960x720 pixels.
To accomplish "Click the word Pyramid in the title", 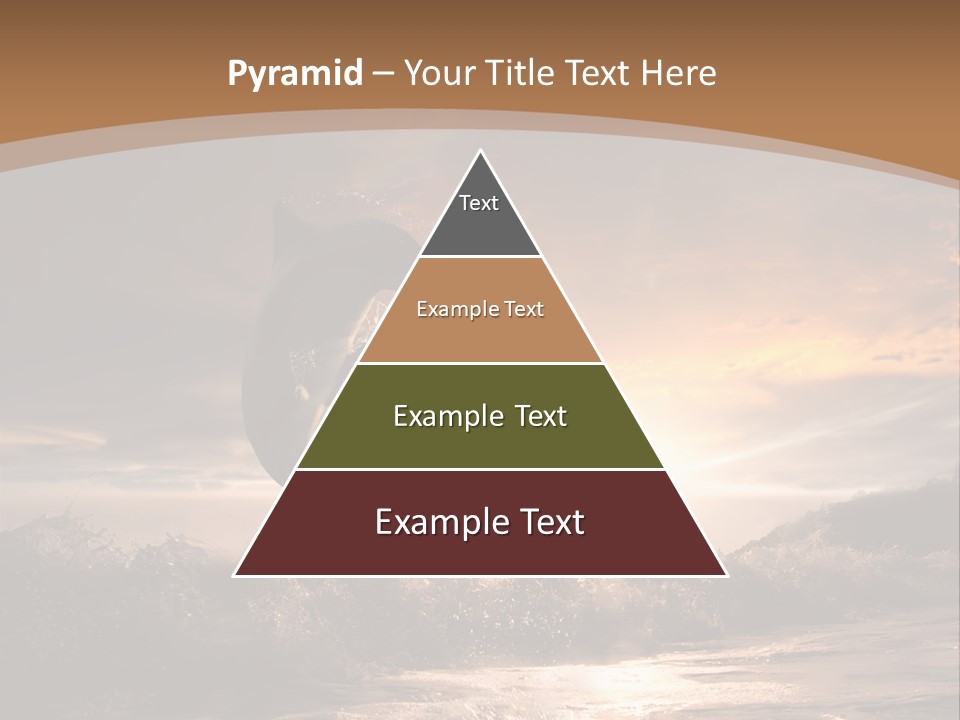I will [294, 74].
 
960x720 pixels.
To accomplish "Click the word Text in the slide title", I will [599, 73].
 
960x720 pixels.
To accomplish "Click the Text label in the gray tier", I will [479, 203].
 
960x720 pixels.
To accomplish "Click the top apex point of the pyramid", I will [480, 151].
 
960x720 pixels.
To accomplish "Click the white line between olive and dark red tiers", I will [480, 469].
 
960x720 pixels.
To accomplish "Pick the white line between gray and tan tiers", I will [480, 257].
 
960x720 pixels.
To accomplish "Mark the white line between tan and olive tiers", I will [480, 363].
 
